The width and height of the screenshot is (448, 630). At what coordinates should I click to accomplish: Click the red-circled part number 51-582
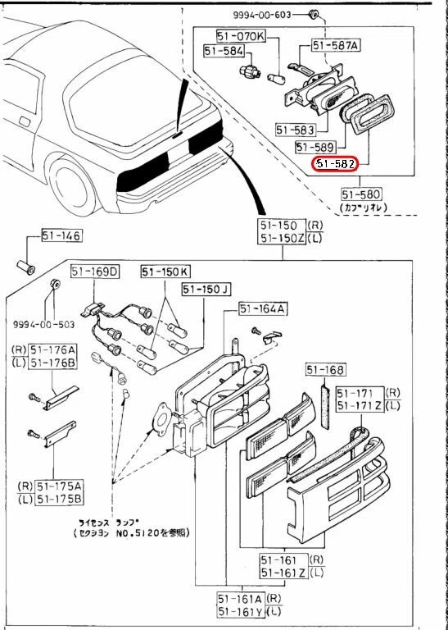point(336,164)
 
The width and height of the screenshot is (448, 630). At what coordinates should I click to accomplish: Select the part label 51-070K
point(241,36)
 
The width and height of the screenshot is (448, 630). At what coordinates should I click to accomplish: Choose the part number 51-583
point(296,130)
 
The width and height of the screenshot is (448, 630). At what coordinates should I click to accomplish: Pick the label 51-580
point(361,194)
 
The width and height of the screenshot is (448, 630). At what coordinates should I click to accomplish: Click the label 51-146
point(62,237)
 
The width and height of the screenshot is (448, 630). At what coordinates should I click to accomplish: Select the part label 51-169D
point(94,272)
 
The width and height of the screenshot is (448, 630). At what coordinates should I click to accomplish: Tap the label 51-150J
point(206,289)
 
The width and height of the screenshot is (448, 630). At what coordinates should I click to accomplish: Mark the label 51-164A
point(262,308)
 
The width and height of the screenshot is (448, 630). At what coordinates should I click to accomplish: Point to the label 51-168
point(326,370)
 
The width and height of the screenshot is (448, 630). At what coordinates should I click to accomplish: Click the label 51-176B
point(52,363)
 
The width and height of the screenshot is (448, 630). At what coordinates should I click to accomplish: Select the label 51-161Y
point(238,611)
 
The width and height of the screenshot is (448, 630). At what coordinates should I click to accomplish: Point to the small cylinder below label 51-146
point(27,267)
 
